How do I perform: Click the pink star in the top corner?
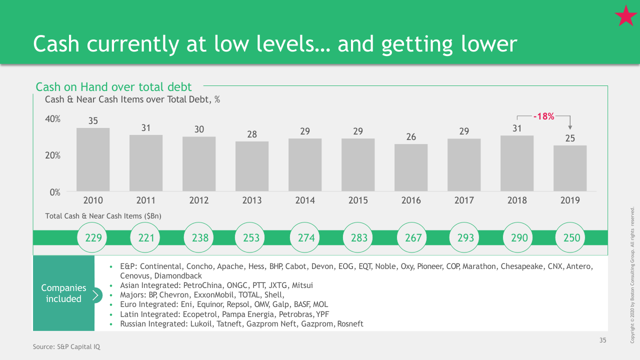625,16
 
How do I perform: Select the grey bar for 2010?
93,159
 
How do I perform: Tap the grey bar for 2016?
411,167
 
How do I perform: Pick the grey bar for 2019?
570,168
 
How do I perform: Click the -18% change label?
543,116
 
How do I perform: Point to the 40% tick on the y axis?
52,119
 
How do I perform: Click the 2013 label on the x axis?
251,200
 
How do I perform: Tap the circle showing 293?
464,237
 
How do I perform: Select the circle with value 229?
92,237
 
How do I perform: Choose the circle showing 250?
570,237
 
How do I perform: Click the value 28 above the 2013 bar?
251,134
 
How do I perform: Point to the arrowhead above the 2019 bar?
570,127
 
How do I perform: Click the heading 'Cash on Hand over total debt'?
113,87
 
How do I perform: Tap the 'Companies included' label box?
63,293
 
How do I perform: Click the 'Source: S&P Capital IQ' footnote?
66,347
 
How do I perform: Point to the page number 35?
603,340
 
